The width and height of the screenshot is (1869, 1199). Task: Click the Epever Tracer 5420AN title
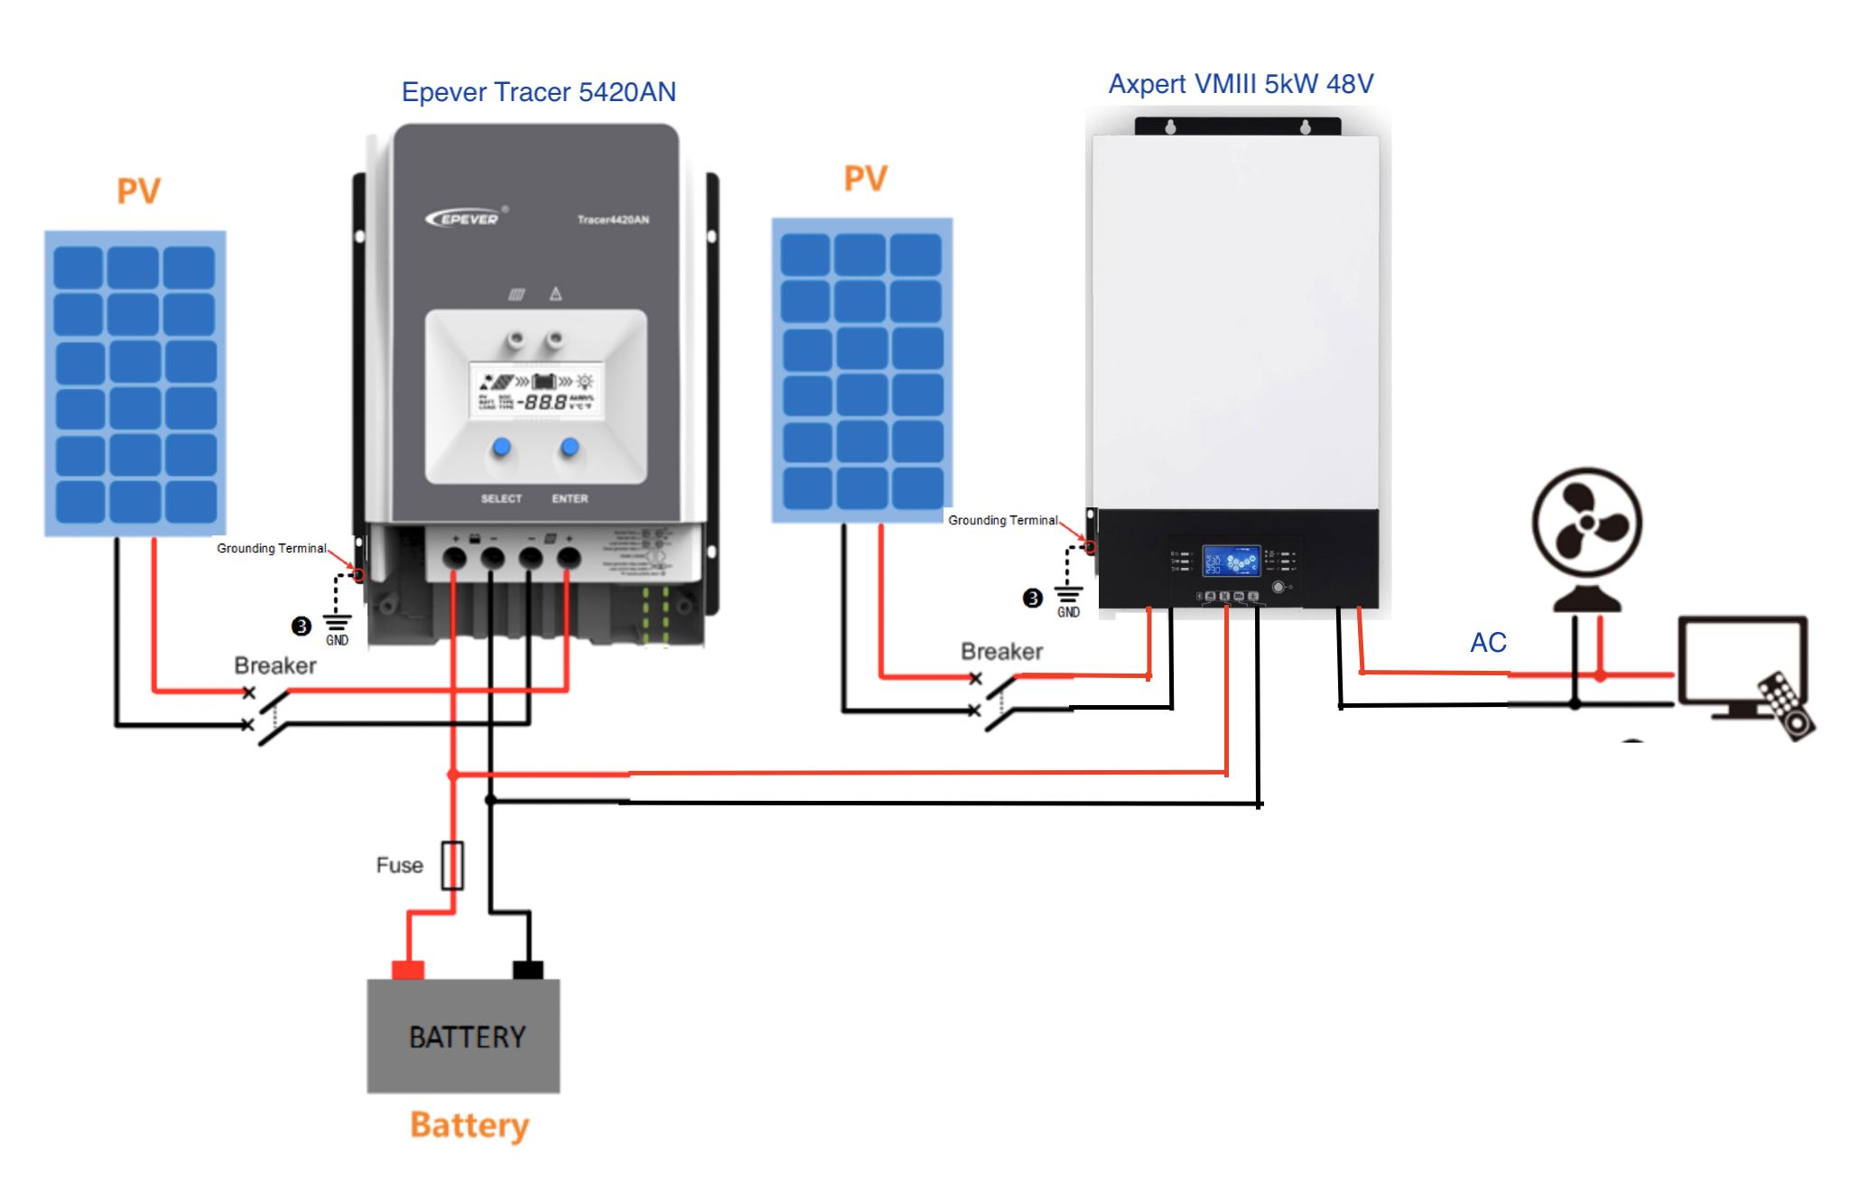pos(538,92)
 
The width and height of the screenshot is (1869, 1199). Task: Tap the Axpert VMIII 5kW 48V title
pos(1241,84)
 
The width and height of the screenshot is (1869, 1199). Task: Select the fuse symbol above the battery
pos(452,865)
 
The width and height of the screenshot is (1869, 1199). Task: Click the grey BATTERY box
pos(463,1036)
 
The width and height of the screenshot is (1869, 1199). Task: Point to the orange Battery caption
pos(470,1125)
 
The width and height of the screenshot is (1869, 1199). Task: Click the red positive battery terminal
pos(408,970)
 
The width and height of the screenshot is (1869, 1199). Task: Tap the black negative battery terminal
pos(528,970)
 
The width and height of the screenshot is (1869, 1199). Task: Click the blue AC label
pos(1488,643)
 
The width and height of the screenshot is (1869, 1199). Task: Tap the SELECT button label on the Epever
pos(501,498)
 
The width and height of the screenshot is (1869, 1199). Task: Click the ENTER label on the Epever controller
pos(570,498)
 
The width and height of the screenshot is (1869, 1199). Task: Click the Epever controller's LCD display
pos(537,391)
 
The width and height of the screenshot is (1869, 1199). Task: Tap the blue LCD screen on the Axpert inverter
pos(1231,561)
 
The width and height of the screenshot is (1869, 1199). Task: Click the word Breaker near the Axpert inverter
pos(1001,651)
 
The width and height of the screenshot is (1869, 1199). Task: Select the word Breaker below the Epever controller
pos(275,665)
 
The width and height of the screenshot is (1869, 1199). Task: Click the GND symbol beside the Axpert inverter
pos(1068,600)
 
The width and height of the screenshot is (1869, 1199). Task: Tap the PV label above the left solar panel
pos(138,191)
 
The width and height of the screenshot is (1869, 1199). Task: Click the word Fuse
pos(399,865)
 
